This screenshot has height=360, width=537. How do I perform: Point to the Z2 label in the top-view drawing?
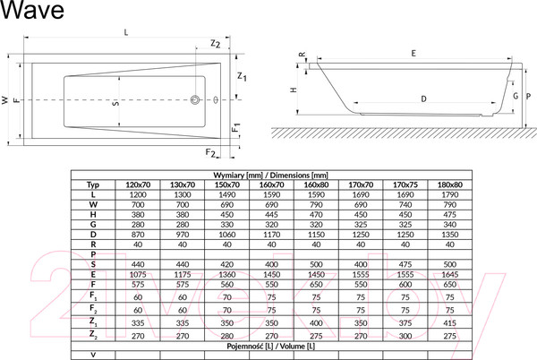(215, 44)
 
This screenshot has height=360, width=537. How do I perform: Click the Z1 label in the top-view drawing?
(243, 78)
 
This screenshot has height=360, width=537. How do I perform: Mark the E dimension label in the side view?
(413, 55)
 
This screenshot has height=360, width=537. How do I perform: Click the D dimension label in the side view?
(422, 97)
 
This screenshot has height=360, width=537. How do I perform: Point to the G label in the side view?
(515, 96)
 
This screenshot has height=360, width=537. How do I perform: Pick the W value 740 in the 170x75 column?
(406, 205)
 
